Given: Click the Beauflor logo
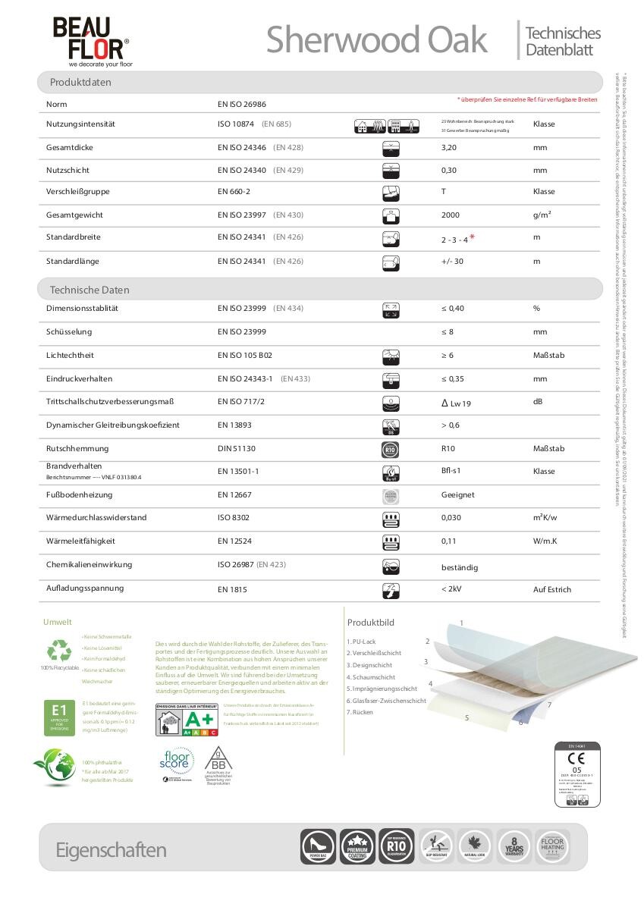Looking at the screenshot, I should (90, 42).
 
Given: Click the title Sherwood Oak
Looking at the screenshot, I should (376, 39).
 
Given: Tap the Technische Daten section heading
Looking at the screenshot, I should (90, 290).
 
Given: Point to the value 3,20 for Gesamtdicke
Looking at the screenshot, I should (449, 147).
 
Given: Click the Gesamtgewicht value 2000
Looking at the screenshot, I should (451, 215).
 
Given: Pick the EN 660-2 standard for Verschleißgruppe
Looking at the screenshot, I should (234, 192).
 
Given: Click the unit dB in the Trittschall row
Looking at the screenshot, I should (538, 401).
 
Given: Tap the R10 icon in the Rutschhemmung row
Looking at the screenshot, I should (392, 449).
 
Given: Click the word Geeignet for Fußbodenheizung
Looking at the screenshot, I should (457, 494).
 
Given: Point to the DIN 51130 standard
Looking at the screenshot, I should (236, 449).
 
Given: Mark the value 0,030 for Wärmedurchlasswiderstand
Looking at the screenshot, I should (451, 518).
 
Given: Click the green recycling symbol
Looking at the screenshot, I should (58, 651).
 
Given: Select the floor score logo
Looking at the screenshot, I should (175, 762).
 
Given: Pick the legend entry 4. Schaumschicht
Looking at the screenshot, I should (371, 676).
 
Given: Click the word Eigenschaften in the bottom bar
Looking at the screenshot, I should (111, 850).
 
